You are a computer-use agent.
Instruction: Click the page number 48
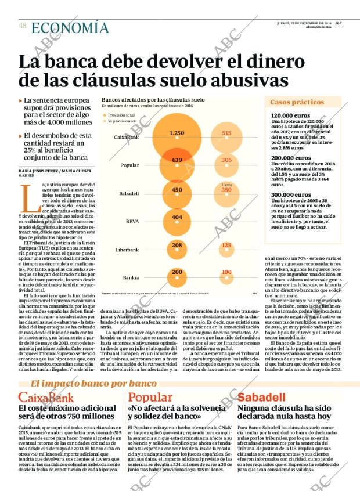tap(22, 26)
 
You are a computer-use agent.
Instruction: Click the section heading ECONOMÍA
tap(70, 27)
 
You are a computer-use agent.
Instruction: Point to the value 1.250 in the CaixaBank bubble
tap(177, 133)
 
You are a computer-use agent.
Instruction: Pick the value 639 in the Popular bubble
tap(177, 160)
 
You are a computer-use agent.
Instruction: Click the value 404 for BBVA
tap(177, 217)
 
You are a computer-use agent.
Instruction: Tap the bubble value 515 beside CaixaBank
tap(226, 133)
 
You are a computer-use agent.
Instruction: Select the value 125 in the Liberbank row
tap(226, 245)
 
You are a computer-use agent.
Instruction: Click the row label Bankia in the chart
tap(131, 277)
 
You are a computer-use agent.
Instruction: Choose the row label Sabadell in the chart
tap(129, 193)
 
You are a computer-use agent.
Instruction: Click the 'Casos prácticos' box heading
tap(297, 102)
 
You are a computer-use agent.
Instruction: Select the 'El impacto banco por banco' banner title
tap(93, 383)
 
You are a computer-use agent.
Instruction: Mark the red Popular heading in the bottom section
tap(150, 398)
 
